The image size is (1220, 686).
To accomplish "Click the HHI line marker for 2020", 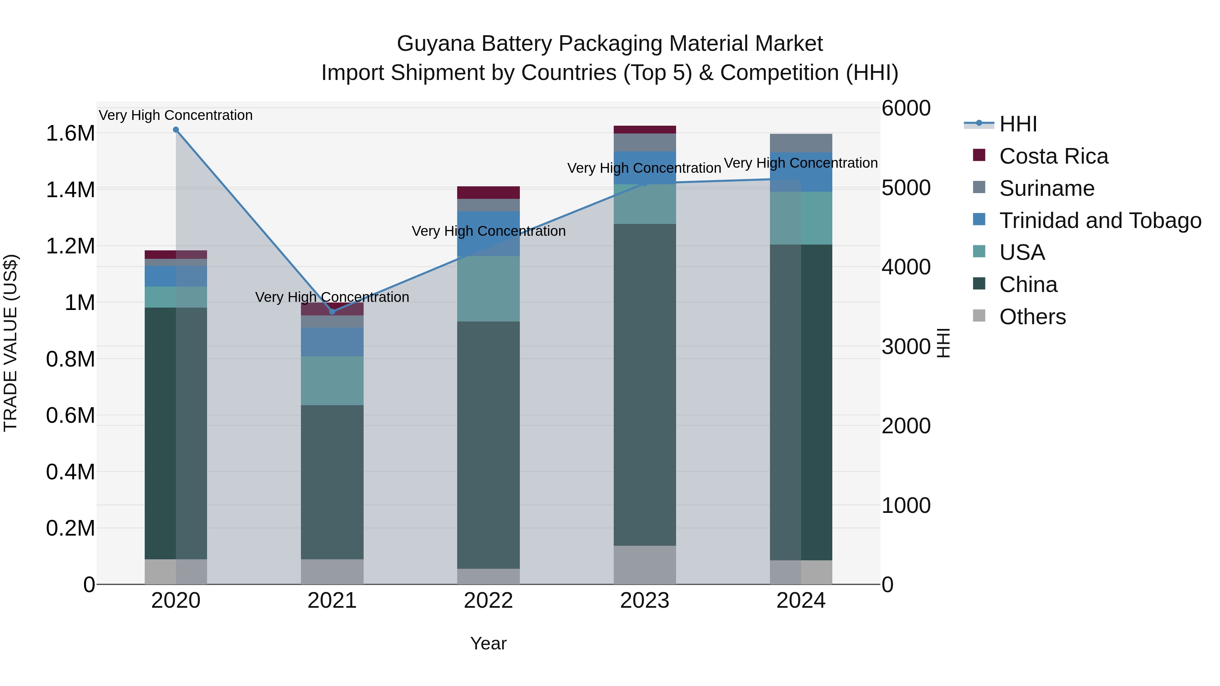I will (x=176, y=130).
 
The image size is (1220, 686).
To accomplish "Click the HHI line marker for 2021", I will (x=332, y=312).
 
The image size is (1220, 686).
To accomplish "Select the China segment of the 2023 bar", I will (x=645, y=384).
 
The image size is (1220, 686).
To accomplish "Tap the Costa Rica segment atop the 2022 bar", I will (x=488, y=193).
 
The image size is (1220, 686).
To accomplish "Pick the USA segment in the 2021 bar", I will (x=332, y=381).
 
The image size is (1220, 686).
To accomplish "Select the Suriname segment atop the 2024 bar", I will (x=801, y=143).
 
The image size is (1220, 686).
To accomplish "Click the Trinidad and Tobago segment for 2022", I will (x=488, y=234).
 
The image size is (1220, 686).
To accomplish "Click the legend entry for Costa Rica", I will (x=1053, y=156).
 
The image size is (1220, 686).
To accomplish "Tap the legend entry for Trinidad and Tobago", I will (x=1100, y=221).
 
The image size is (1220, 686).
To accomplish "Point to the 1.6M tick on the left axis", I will (x=70, y=133).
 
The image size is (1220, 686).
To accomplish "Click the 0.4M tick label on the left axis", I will (x=70, y=472).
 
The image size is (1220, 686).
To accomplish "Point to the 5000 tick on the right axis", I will (x=906, y=188).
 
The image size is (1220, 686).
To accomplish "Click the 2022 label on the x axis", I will (x=488, y=601).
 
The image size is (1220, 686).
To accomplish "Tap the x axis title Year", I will (x=488, y=643).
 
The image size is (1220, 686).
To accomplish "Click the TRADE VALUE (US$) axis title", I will (x=11, y=343).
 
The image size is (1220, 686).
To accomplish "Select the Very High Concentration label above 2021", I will (x=332, y=297).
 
